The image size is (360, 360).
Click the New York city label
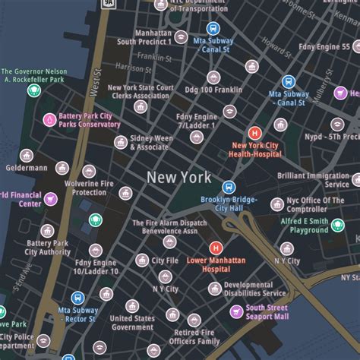[179, 178]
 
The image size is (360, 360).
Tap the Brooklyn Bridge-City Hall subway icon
[229, 187]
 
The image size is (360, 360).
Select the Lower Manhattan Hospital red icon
[216, 248]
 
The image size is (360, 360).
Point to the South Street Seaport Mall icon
[235, 312]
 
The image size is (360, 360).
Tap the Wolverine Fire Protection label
[79, 187]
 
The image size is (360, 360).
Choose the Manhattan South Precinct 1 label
[143, 37]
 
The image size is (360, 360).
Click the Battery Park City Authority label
[47, 248]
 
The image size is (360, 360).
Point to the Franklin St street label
[154, 56]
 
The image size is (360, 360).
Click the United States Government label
[131, 323]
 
